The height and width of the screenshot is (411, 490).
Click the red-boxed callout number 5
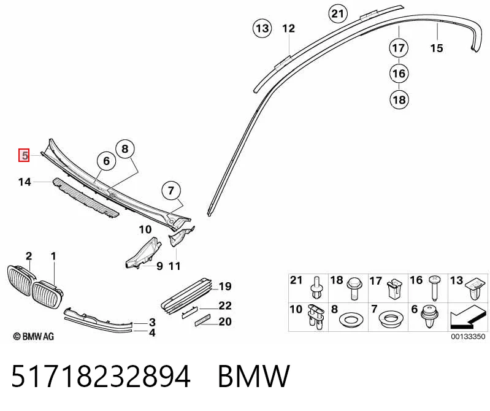(24, 155)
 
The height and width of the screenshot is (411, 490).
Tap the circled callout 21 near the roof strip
(337, 13)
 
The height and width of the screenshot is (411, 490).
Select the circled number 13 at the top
(262, 28)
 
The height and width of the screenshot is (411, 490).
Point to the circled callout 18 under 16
(399, 100)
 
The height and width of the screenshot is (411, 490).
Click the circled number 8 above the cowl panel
(124, 149)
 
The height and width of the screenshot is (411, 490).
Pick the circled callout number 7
(170, 190)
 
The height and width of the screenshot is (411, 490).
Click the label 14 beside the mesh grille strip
(25, 182)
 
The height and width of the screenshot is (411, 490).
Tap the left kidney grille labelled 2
(20, 280)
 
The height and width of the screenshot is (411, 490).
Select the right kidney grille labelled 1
(47, 294)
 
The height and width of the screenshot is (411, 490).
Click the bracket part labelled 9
(143, 253)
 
